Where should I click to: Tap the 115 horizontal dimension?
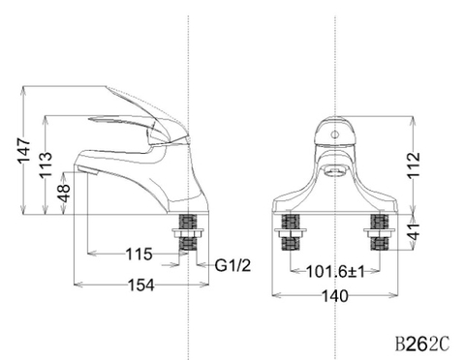(x=139, y=255)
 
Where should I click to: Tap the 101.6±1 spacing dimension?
(x=335, y=272)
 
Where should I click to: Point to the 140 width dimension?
(x=335, y=297)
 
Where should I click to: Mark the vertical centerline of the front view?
(x=334, y=58)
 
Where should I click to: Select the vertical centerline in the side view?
(x=186, y=58)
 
